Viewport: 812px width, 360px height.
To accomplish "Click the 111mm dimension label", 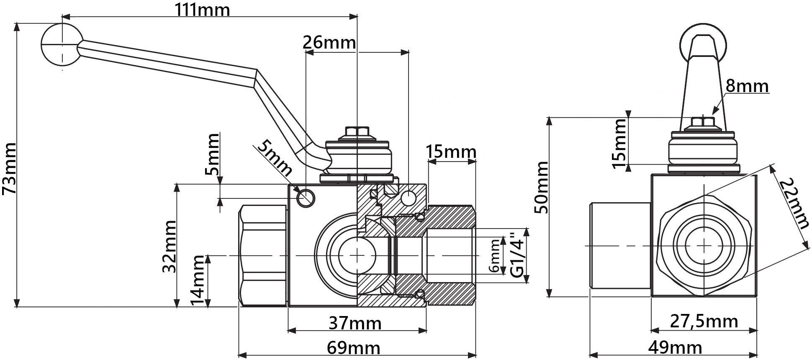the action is (202, 9).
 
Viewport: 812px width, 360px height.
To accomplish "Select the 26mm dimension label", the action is (329, 43).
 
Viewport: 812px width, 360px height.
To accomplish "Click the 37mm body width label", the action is (355, 323).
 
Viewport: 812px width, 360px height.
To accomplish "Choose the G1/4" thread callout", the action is (518, 255).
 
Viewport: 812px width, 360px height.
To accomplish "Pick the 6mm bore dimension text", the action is (495, 256).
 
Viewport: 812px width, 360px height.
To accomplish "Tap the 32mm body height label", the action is (169, 246).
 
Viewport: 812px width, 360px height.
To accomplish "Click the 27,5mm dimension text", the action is (704, 321).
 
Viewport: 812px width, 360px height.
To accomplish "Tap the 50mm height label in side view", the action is (542, 187).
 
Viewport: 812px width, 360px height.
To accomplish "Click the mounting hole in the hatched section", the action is (408, 197).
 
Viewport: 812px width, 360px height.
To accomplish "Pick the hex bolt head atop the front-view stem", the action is (357, 131).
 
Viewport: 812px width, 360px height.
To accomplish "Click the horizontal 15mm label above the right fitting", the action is (451, 152).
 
